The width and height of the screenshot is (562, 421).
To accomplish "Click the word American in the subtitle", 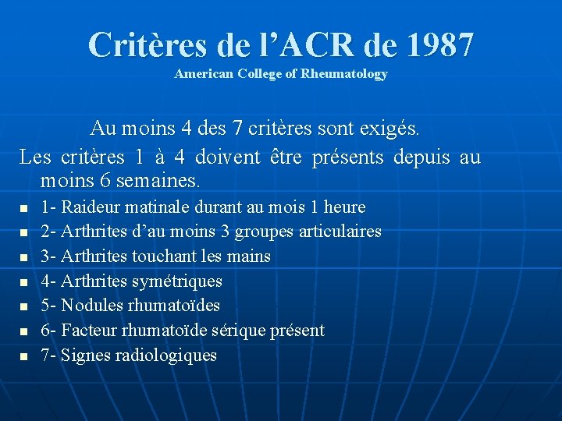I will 197,74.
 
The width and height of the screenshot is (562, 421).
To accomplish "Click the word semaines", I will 162,182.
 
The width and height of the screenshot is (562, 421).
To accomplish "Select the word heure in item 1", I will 343,207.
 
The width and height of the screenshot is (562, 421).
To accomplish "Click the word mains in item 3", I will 249,256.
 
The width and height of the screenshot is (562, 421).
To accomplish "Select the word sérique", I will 235,331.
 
